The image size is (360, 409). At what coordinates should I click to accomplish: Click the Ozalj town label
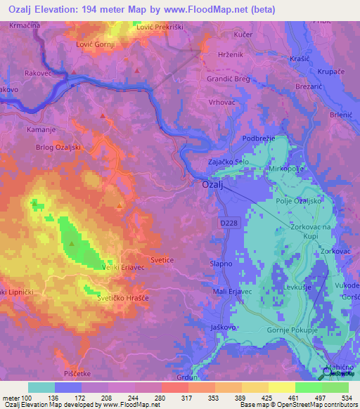pos(213,186)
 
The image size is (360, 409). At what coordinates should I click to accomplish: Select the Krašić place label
pos(300,60)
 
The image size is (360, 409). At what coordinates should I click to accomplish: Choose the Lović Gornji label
pos(94,44)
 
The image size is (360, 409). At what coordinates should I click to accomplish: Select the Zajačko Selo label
pos(229,162)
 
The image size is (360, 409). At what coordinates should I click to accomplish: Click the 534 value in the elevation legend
pos(345,399)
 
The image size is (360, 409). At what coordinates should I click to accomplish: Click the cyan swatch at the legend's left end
pos(41,387)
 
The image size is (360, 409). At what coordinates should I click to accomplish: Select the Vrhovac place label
pos(243,102)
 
